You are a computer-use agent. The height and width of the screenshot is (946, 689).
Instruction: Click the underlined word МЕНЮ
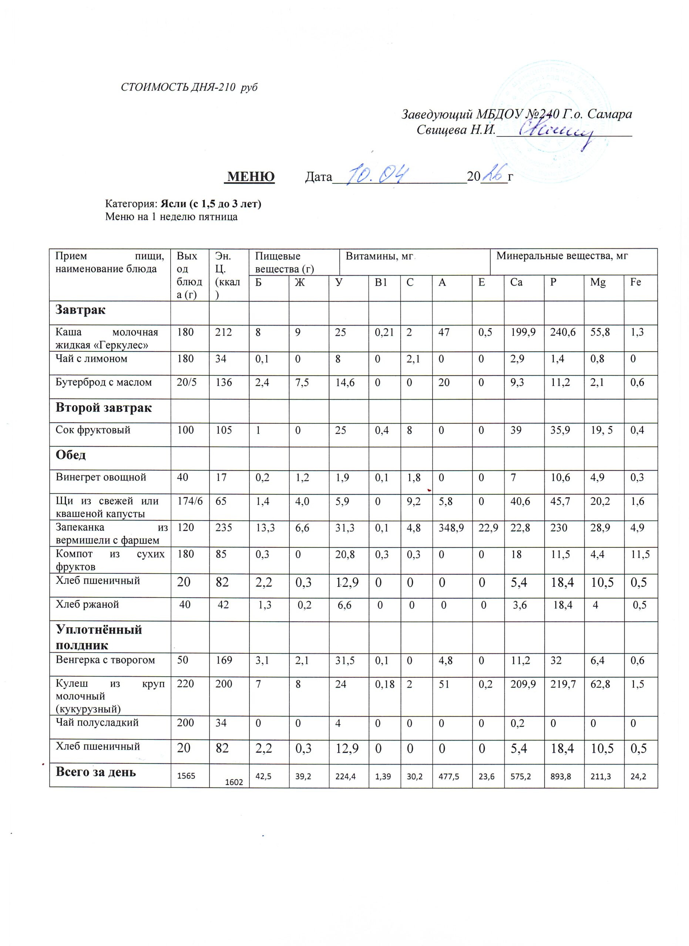(x=250, y=177)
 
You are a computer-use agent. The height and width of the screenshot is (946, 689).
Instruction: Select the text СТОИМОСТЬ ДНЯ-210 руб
(x=189, y=87)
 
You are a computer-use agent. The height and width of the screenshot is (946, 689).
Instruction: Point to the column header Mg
(x=598, y=282)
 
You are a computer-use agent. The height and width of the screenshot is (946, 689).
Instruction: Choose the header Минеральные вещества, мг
(x=562, y=256)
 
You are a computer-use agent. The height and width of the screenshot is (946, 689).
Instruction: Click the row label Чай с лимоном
(x=91, y=359)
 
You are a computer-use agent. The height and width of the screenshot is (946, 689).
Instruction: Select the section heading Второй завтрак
(x=104, y=408)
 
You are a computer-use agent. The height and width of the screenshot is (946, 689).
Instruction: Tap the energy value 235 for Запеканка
(x=224, y=528)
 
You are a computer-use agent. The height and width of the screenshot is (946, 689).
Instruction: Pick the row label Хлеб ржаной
(x=87, y=605)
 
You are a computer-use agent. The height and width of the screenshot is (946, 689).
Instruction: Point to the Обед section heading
(x=71, y=455)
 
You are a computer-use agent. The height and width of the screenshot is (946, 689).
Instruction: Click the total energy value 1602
(x=234, y=783)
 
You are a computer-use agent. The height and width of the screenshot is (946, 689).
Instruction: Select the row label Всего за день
(x=95, y=772)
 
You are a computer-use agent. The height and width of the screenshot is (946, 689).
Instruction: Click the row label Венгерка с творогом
(x=105, y=660)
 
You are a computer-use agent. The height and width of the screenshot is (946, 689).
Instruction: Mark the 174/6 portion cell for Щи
(x=189, y=501)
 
